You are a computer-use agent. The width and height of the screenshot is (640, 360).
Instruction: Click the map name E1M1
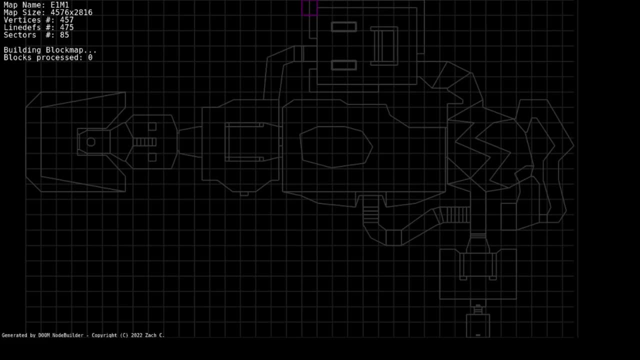[x=59, y=5]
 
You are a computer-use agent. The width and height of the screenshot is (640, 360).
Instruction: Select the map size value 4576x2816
[x=71, y=12]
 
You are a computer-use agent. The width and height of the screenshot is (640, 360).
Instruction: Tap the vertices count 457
[x=67, y=20]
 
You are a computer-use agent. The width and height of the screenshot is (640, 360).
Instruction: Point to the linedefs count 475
[x=67, y=27]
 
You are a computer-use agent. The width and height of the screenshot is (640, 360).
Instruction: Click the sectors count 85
[x=64, y=35]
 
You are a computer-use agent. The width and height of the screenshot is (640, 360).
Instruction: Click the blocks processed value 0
[x=90, y=57]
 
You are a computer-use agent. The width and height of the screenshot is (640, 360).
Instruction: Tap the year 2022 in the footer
[x=136, y=335]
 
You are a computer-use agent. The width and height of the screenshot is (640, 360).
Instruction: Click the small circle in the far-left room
[x=91, y=142]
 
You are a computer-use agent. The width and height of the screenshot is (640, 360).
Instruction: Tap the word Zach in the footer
[x=150, y=335]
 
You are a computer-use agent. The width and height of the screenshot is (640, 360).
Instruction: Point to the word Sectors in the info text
[x=20, y=35]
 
